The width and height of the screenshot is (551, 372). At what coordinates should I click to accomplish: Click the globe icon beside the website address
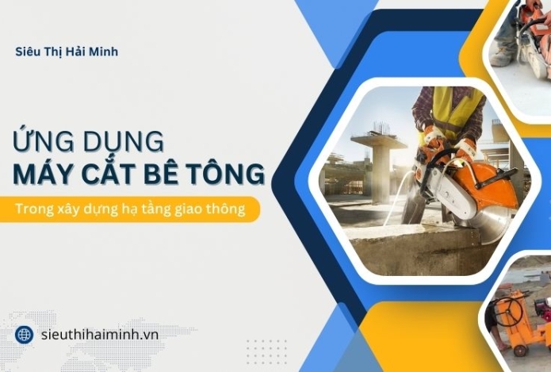[x=24, y=334]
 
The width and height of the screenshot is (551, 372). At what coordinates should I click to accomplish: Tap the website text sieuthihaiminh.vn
[x=99, y=334]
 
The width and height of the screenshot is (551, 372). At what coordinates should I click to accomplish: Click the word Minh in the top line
[x=104, y=52]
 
